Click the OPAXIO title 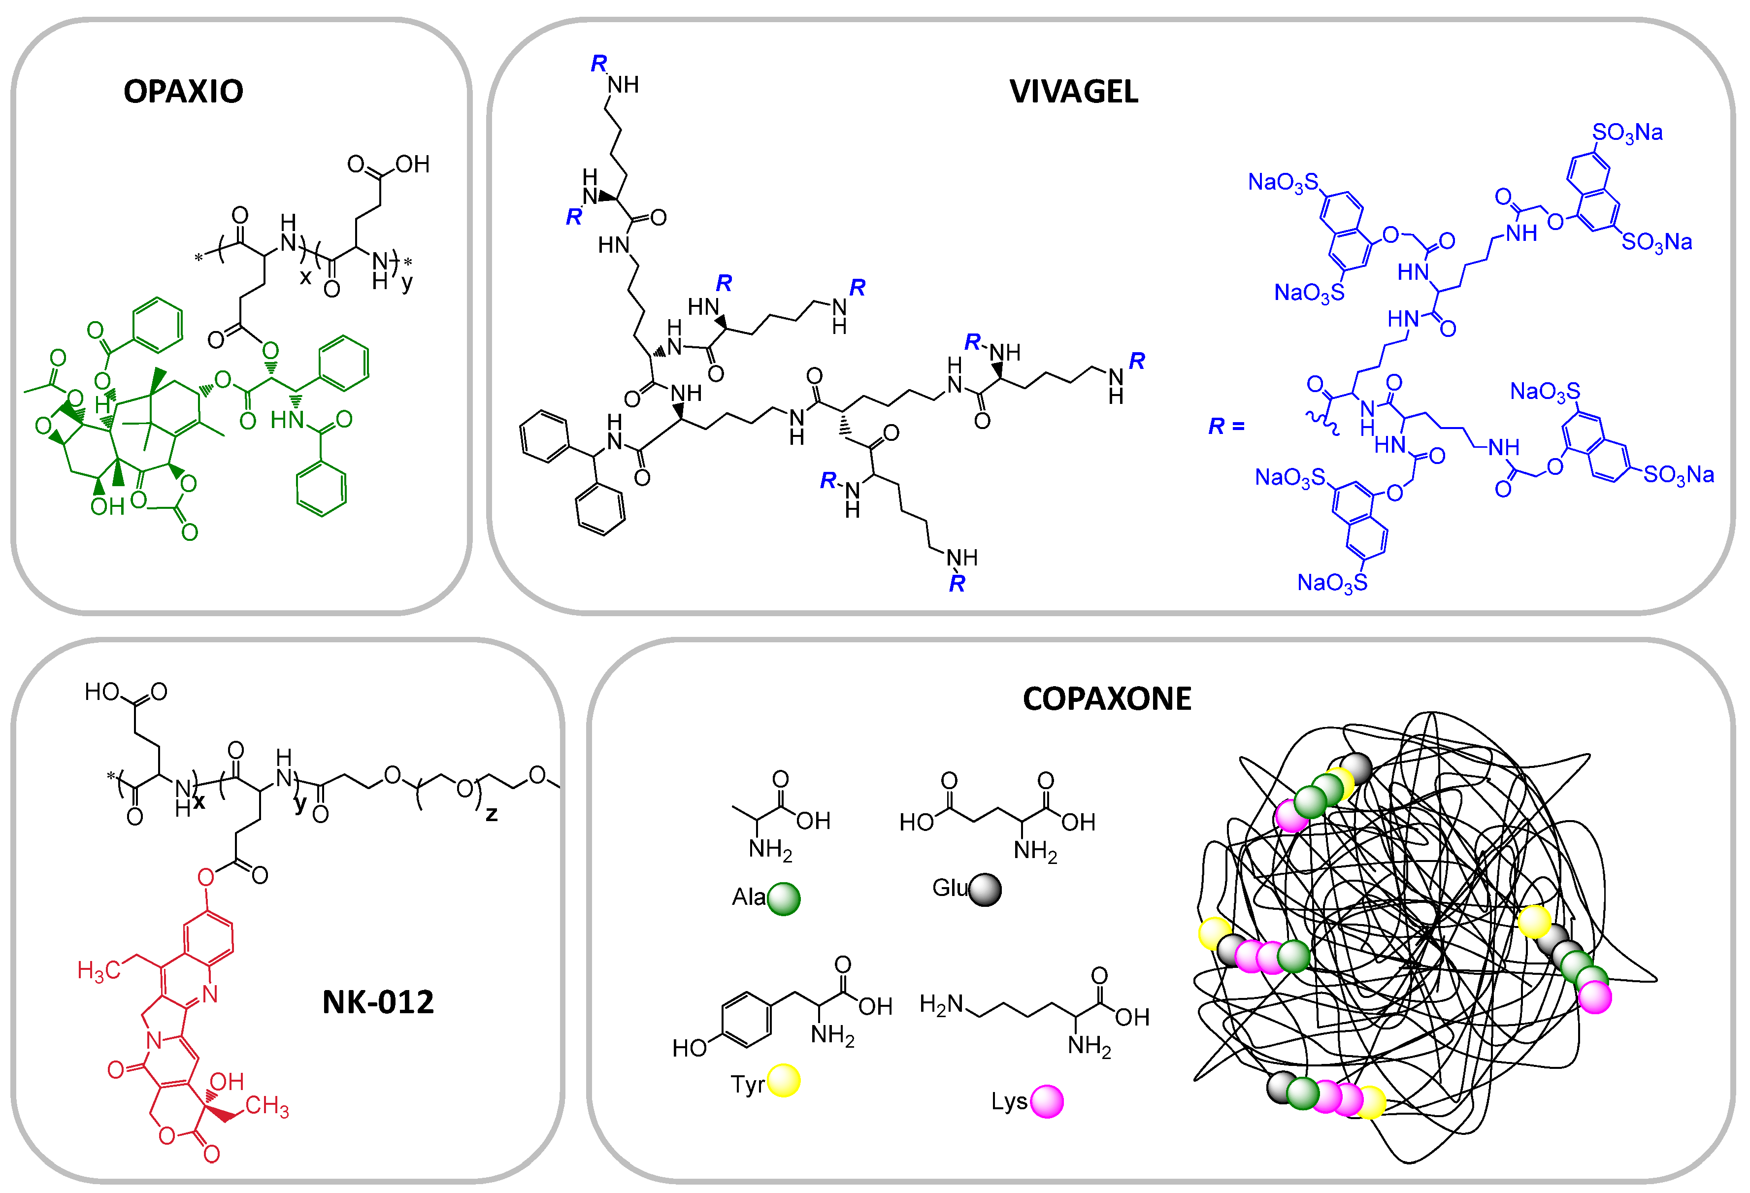pos(183,91)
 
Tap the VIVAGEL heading pos(1073,91)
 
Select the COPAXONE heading pos(1106,698)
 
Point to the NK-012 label pos(378,1002)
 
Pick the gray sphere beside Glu pos(985,890)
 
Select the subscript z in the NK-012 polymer pos(491,813)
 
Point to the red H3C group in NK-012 pos(99,971)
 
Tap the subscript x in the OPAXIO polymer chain pos(305,277)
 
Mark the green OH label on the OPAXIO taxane pos(107,507)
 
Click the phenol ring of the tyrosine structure pos(746,1020)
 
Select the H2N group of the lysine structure pos(941,1004)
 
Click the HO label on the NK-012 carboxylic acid pos(101,692)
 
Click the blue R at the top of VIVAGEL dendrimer pos(598,63)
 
